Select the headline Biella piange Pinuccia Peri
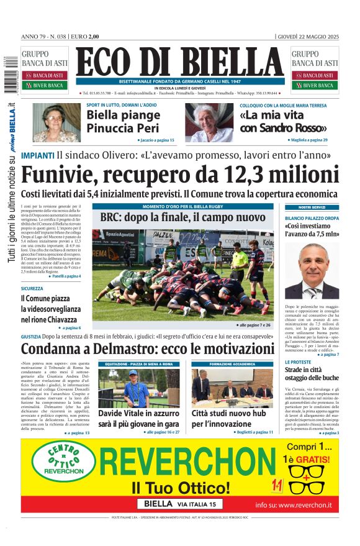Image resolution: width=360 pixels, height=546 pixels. point(123,122)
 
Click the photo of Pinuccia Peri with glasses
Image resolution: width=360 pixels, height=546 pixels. point(56,122)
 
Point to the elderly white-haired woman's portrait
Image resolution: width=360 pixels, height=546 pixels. point(209,122)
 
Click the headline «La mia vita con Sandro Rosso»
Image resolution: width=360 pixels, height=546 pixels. point(274,122)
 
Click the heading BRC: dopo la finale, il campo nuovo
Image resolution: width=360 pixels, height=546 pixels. point(182,218)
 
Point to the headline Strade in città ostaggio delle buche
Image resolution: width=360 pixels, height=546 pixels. point(312,373)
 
